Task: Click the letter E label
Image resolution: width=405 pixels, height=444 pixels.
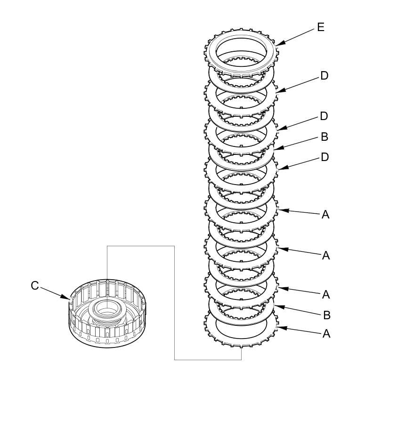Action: click(x=321, y=27)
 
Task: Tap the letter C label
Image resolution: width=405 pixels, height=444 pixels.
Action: click(x=35, y=286)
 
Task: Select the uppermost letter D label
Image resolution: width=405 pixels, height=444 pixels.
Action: click(x=324, y=76)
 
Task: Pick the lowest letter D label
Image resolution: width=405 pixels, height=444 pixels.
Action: click(x=324, y=157)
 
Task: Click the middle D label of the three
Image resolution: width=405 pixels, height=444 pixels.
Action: click(x=324, y=116)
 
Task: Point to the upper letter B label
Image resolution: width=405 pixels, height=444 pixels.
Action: click(x=324, y=137)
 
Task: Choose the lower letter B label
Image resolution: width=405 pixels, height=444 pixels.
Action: click(x=326, y=315)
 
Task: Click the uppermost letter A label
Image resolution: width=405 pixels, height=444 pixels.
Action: click(x=325, y=215)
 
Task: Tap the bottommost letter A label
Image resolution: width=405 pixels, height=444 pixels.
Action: click(x=326, y=334)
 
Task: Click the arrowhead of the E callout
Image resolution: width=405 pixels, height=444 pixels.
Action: click(x=278, y=44)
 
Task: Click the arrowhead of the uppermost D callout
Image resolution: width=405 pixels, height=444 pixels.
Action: click(x=279, y=91)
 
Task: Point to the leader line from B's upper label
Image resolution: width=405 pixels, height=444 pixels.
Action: click(x=299, y=143)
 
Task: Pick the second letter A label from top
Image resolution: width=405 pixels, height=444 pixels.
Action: click(x=325, y=256)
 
